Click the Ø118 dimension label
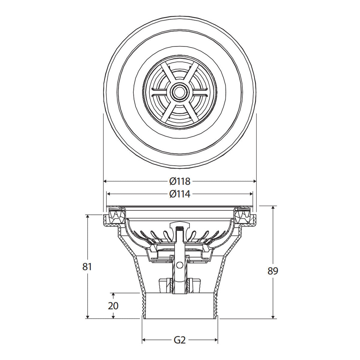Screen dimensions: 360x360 [180, 181]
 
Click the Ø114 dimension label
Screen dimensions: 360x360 [180, 194]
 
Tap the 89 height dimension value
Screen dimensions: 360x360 [273, 271]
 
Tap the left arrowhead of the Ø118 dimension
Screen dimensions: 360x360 [105, 181]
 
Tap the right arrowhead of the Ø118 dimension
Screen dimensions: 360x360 [254, 181]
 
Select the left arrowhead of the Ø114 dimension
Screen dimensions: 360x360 [108, 194]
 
